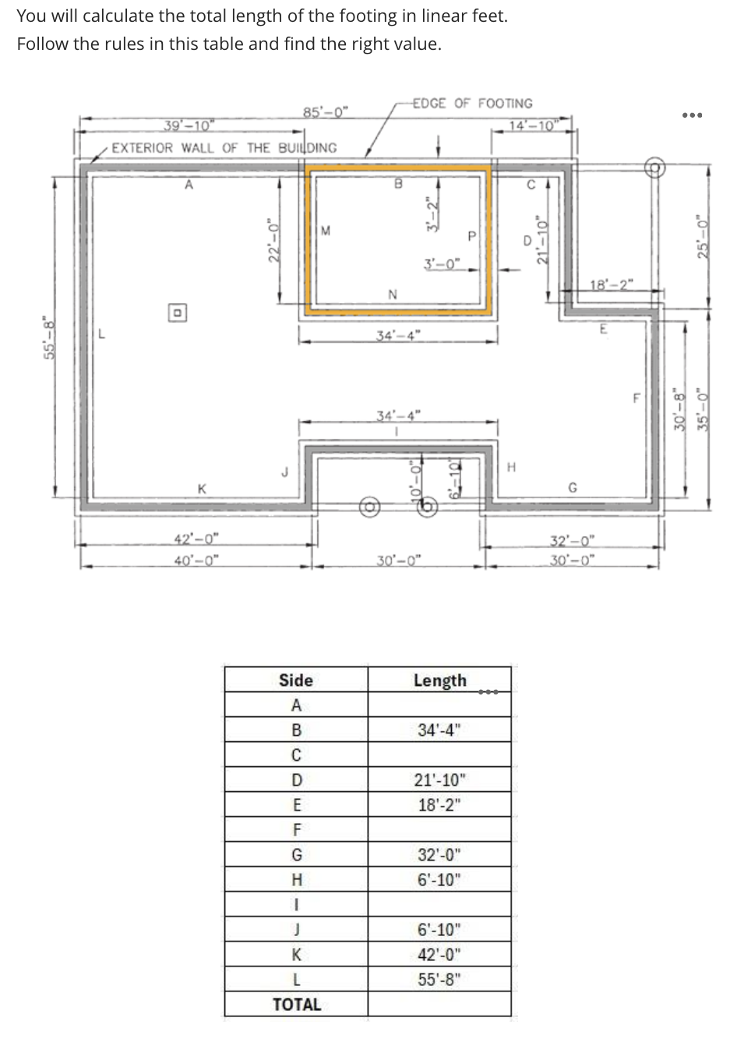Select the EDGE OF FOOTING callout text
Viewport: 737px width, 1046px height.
click(472, 103)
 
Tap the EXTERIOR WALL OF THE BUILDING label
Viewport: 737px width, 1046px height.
click(224, 147)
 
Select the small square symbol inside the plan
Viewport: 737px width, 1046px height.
click(178, 313)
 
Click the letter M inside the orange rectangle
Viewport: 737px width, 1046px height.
click(326, 230)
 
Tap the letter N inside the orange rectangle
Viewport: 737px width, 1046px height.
click(393, 294)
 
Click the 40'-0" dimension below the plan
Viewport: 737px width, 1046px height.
click(196, 559)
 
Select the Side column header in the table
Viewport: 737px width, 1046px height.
click(296, 680)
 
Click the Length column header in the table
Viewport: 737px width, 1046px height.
click(439, 680)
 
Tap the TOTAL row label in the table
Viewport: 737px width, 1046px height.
click(296, 1004)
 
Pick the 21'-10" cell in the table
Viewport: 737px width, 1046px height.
click(439, 779)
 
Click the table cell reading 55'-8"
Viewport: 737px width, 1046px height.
click(439, 979)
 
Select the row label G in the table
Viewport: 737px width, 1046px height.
click(296, 854)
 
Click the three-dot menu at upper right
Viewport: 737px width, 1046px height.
click(692, 115)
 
